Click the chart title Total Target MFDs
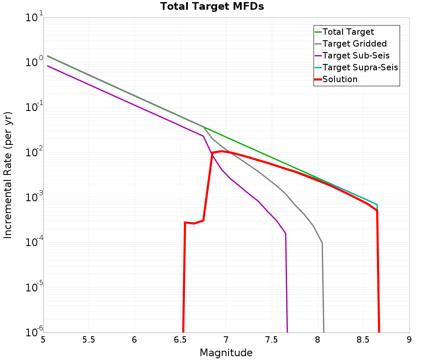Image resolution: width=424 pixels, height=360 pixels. [x=212, y=7]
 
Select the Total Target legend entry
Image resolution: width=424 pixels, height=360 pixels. [x=348, y=32]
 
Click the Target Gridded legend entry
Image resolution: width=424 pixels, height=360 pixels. [x=354, y=44]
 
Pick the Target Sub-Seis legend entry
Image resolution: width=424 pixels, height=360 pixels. [x=356, y=55]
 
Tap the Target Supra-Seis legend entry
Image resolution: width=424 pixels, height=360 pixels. [x=360, y=67]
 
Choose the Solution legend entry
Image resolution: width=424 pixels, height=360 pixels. [x=340, y=79]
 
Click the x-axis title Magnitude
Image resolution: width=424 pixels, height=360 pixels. [x=226, y=353]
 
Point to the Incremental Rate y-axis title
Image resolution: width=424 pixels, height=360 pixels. [x=8, y=174]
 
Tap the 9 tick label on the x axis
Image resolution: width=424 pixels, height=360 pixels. [x=409, y=340]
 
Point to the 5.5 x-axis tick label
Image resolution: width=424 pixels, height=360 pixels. [x=89, y=340]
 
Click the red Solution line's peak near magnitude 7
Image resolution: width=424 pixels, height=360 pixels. [x=221, y=151]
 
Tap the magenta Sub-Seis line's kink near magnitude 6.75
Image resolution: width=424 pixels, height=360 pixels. [x=204, y=136]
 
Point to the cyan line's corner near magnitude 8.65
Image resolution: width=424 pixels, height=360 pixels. [x=377, y=205]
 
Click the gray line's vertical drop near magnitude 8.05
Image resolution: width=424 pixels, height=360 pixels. [x=323, y=288]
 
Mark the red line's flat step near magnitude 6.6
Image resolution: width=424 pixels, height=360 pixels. [x=194, y=223]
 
